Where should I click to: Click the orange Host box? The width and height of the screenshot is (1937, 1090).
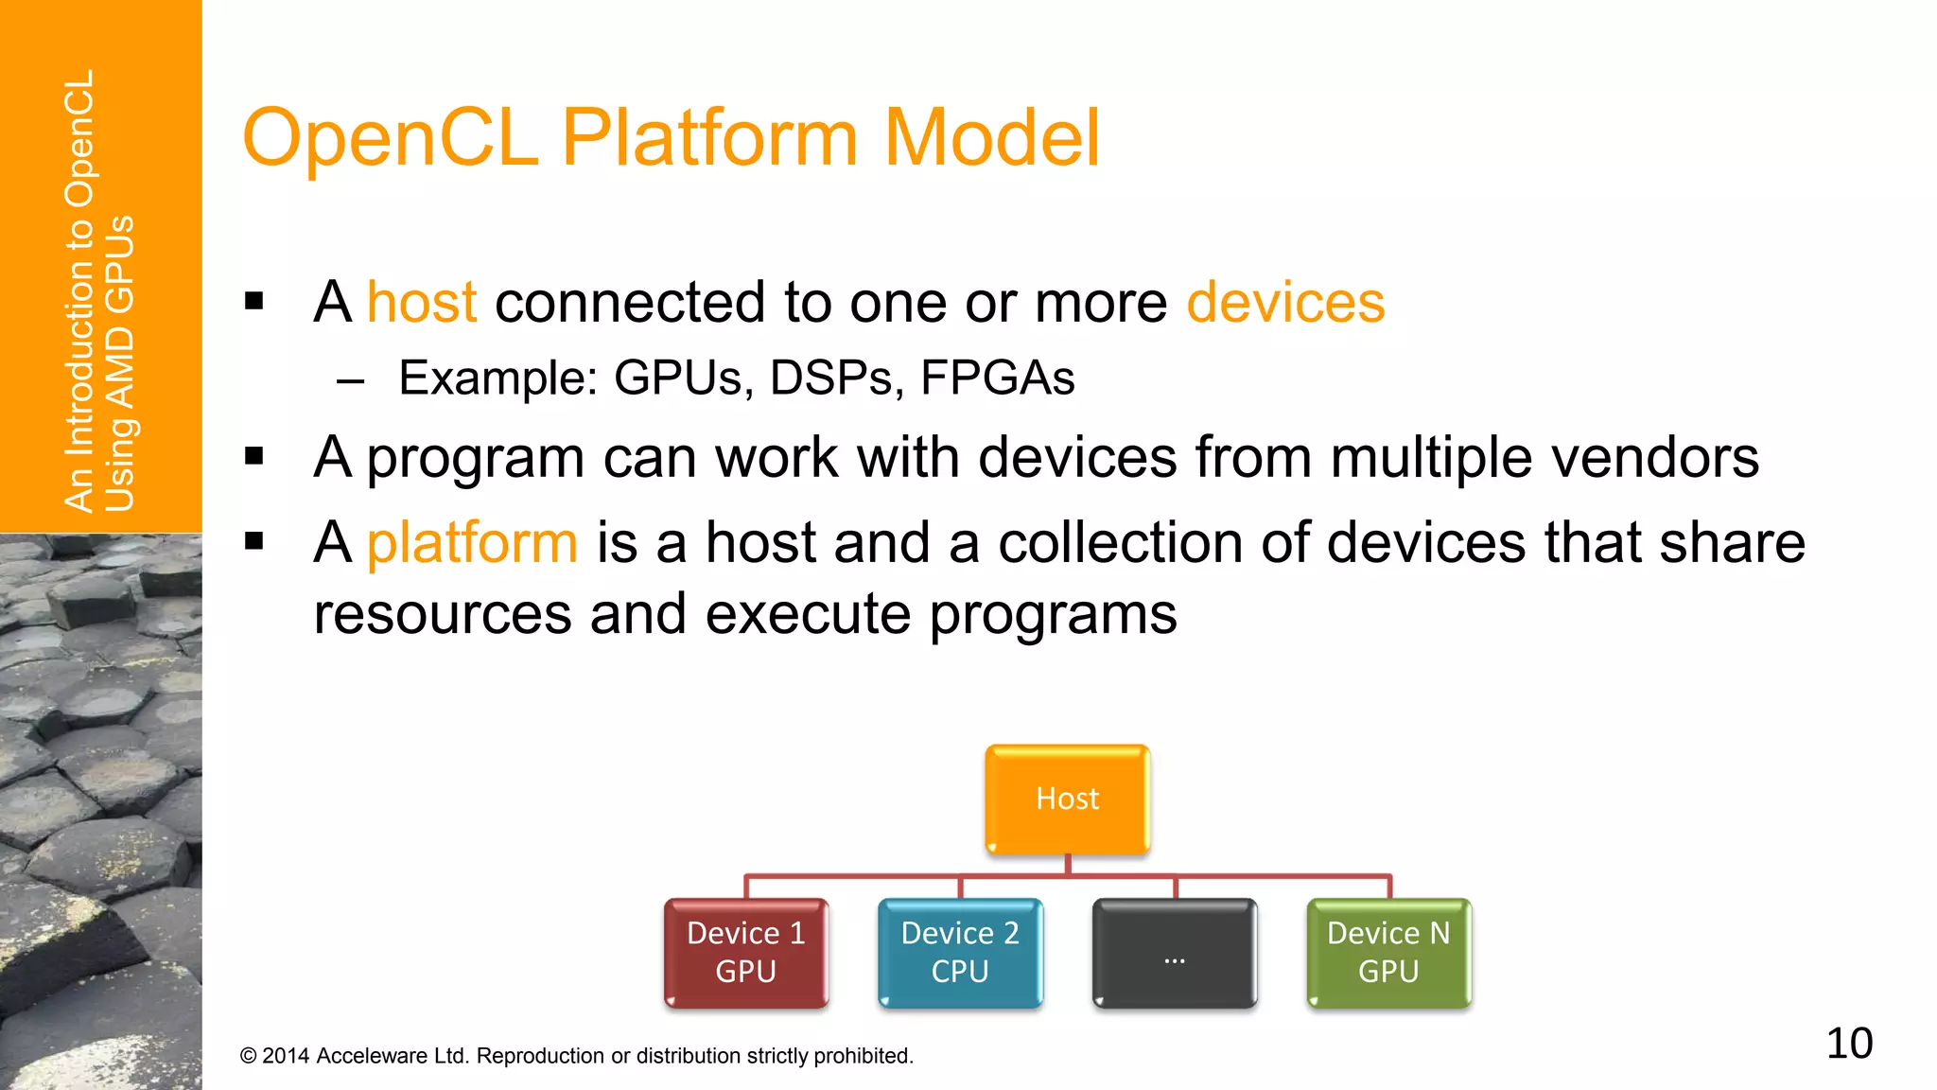pyautogui.click(x=1067, y=800)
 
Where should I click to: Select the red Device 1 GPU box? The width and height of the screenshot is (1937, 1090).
pyautogui.click(x=745, y=953)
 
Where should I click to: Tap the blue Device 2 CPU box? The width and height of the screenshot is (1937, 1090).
pyautogui.click(x=960, y=953)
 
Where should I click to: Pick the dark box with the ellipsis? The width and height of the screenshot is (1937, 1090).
pyautogui.click(x=1175, y=953)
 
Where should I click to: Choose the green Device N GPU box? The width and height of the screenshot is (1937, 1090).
pyautogui.click(x=1388, y=953)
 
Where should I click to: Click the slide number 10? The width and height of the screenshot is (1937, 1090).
pyautogui.click(x=1849, y=1044)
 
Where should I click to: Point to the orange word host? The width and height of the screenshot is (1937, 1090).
pyautogui.click(x=422, y=303)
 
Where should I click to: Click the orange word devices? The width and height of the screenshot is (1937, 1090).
pyautogui.click(x=1285, y=303)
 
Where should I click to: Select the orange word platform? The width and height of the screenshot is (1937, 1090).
pyautogui.click(x=472, y=543)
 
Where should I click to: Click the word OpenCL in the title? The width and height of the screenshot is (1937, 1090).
pyautogui.click(x=391, y=138)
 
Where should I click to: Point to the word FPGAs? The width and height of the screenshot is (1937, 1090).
pyautogui.click(x=997, y=378)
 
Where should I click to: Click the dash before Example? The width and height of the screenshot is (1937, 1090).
pyautogui.click(x=350, y=381)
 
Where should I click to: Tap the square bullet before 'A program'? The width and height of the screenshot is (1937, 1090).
pyautogui.click(x=253, y=457)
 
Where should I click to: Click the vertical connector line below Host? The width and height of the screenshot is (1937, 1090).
pyautogui.click(x=1067, y=865)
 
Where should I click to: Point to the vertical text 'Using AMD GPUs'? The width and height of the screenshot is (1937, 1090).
pyautogui.click(x=120, y=364)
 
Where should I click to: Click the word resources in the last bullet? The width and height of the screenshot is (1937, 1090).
pyautogui.click(x=443, y=614)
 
